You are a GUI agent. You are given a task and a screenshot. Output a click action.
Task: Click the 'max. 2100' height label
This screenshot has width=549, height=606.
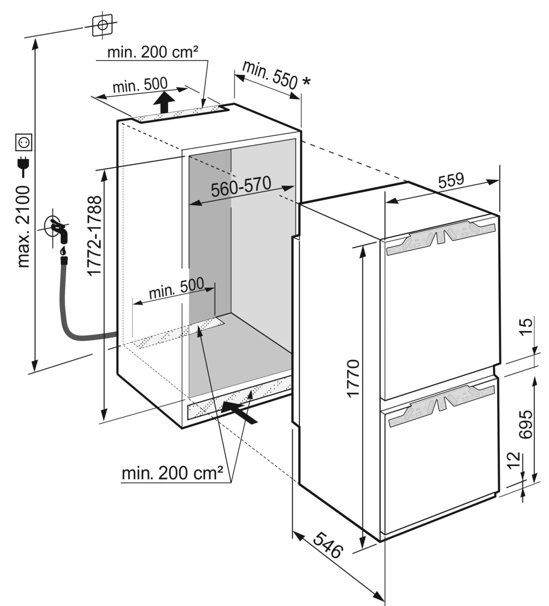pos(24,227)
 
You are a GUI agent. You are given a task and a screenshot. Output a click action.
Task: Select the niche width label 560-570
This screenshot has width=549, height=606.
pos(241,187)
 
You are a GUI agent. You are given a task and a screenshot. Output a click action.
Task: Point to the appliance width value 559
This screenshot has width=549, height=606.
pos(451,180)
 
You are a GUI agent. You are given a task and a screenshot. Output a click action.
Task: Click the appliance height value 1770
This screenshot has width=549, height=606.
pos(353,378)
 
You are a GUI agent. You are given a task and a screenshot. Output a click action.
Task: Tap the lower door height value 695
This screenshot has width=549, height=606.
pos(526,424)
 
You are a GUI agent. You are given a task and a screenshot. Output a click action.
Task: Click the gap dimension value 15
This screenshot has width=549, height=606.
pos(526,326)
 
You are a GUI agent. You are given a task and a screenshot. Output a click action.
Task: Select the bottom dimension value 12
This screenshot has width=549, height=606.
pos(515,461)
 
